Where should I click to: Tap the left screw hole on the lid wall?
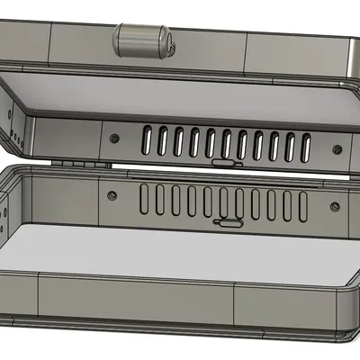pos(115,137)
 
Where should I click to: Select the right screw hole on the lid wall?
pos(336,148)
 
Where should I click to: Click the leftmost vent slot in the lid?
pos(147,137)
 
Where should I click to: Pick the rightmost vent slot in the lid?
pos(306,146)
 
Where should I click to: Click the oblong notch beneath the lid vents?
pos(221,163)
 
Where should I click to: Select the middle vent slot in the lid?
pos(226,142)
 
